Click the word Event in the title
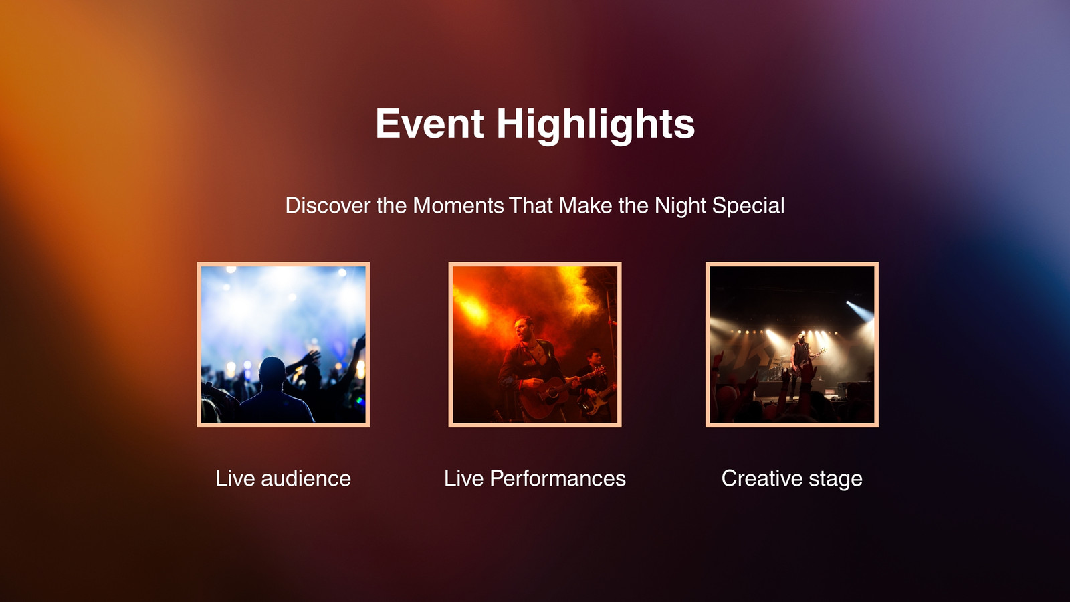(429, 124)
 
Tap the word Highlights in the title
(596, 124)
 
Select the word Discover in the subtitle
(328, 206)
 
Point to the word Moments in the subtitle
(458, 206)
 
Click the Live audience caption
(284, 478)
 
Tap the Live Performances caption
(535, 478)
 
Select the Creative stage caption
(792, 479)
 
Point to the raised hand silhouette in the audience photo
(310, 357)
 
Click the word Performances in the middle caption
(558, 478)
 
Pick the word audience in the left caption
(306, 478)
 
